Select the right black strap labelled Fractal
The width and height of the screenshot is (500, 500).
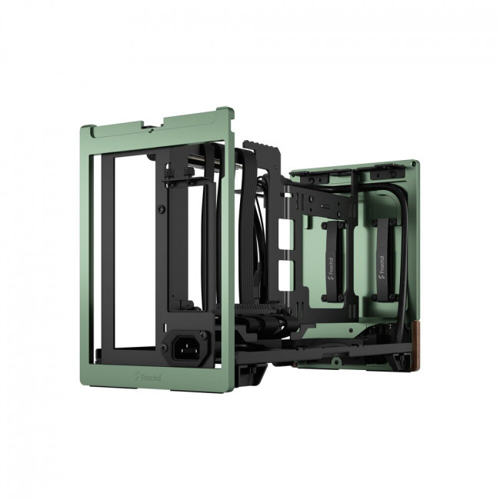click(382, 257)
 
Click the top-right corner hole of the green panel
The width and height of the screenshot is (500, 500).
click(415, 165)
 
